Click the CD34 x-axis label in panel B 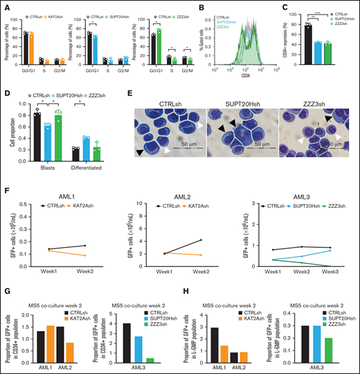(x=237, y=75)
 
